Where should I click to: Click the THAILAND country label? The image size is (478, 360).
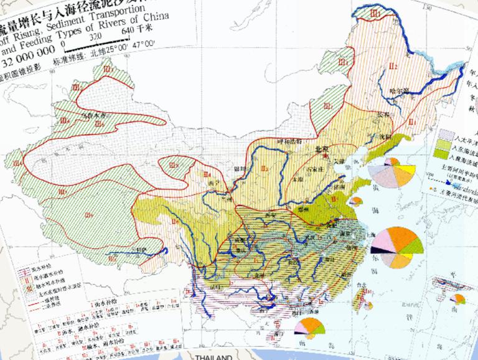pos(213,356)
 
